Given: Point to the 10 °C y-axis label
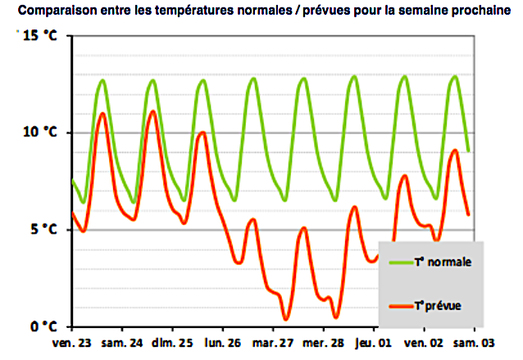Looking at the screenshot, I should point(39,132).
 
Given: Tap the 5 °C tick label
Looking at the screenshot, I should point(42,229).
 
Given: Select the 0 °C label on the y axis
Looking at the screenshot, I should point(42,326).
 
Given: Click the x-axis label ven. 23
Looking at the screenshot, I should point(72,343).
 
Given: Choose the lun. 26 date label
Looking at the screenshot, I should point(224,343).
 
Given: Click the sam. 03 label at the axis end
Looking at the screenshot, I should point(474,343).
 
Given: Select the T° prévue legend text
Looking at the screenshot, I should point(438,305).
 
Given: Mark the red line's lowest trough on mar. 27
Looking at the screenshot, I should point(285,319).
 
